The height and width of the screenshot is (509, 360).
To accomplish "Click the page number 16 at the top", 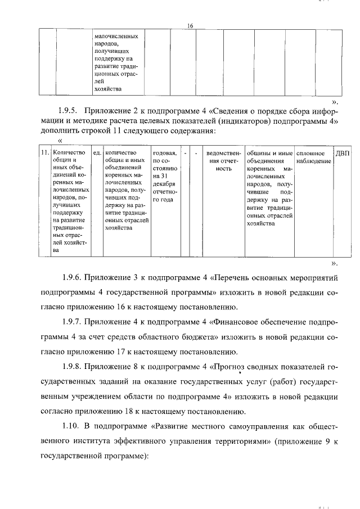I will (x=190, y=26).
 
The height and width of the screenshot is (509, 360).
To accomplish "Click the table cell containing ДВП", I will (x=342, y=153).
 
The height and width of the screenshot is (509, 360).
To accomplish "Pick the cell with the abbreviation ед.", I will (x=97, y=153).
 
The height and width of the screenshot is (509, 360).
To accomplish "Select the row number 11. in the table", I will (x=43, y=153).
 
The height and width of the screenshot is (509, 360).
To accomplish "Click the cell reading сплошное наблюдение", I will (x=312, y=157).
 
